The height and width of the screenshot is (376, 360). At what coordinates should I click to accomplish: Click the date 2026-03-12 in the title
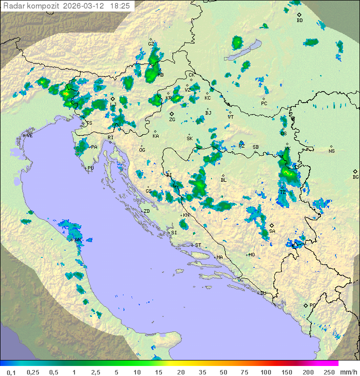pos(84,6)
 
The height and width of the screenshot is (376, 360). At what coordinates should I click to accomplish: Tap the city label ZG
pos(172,120)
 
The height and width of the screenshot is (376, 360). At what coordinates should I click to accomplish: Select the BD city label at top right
pos(299,21)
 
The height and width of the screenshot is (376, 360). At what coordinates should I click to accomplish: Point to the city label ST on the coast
pos(198,245)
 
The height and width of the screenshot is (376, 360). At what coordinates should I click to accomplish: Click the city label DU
pos(262,293)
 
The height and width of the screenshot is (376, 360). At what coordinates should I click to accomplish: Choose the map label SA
pos(272,231)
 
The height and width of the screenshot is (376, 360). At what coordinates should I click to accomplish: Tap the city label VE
pos(29,136)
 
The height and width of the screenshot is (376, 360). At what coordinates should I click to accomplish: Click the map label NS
pos(331,151)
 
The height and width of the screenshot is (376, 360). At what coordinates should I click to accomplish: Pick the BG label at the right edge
pos(355,177)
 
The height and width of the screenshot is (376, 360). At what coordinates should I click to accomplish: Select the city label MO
pos(251,255)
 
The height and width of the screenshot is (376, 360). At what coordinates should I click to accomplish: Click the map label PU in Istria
pos(90,169)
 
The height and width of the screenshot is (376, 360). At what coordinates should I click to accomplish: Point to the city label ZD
pos(146,211)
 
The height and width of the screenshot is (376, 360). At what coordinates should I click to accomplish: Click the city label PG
pos(312,305)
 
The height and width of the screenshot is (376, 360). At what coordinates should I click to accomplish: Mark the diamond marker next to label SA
pos(272,226)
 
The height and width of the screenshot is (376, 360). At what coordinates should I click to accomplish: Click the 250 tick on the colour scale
pos(328,372)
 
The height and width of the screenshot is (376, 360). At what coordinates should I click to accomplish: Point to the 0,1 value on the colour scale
pos(11,372)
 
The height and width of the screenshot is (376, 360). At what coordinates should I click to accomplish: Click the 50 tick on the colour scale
pos(223,372)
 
